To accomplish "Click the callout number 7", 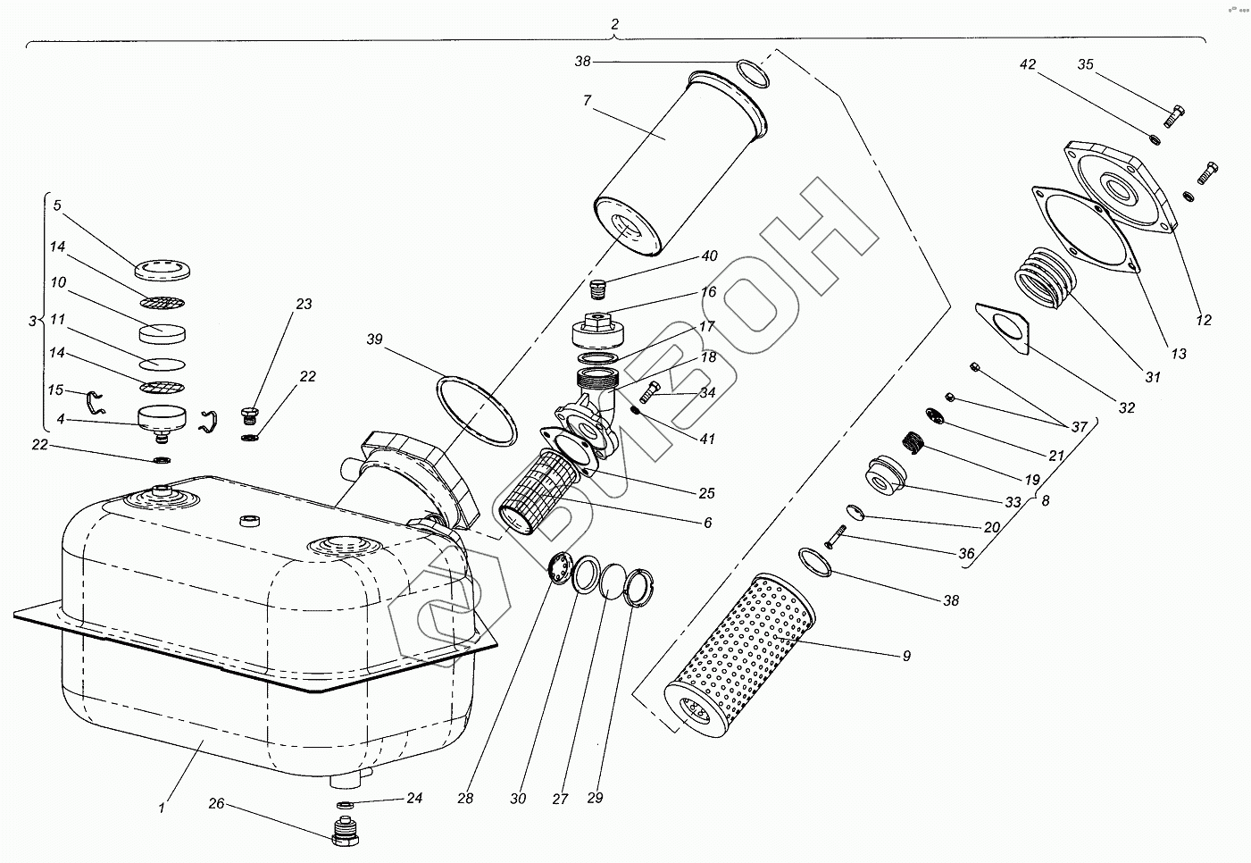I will tap(587, 101).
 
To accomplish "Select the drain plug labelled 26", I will tap(346, 832).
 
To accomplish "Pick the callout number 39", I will tap(374, 339).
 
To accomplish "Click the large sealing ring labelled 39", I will tap(477, 412).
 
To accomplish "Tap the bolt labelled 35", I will tap(1175, 115).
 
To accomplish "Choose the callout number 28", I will tap(465, 798).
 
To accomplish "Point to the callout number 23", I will tap(304, 305).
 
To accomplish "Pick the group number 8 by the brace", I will tap(1045, 501).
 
